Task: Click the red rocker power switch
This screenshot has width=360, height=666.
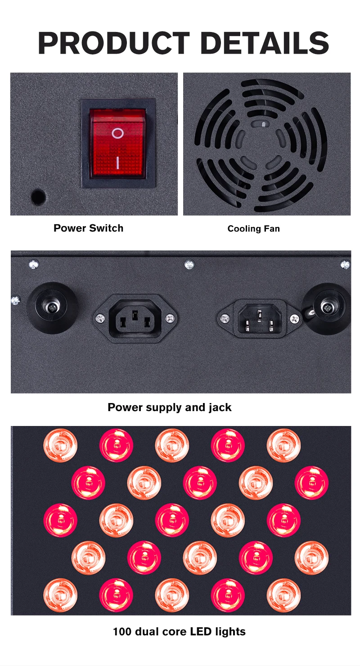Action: coord(118,143)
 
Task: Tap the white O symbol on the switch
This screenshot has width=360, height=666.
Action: coord(117,133)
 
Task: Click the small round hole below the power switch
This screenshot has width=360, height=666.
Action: coord(38,197)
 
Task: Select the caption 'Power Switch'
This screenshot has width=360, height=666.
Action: coord(88,228)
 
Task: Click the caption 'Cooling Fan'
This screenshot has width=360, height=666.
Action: coord(253,229)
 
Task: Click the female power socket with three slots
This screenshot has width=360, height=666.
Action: coord(135,319)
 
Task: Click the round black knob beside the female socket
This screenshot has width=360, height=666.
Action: coord(52,308)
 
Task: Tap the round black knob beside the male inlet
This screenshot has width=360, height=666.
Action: coord(327,308)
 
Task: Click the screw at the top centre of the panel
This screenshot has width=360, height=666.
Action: coord(189,264)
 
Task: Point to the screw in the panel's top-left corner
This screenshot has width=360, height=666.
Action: coord(33,264)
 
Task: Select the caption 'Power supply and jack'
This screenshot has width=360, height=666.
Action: coord(169,408)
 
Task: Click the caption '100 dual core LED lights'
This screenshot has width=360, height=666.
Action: coord(179,631)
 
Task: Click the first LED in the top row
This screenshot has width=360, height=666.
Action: coord(60,445)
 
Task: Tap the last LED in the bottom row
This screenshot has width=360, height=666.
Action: coord(283,595)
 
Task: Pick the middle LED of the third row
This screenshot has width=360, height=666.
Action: coord(172,520)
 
